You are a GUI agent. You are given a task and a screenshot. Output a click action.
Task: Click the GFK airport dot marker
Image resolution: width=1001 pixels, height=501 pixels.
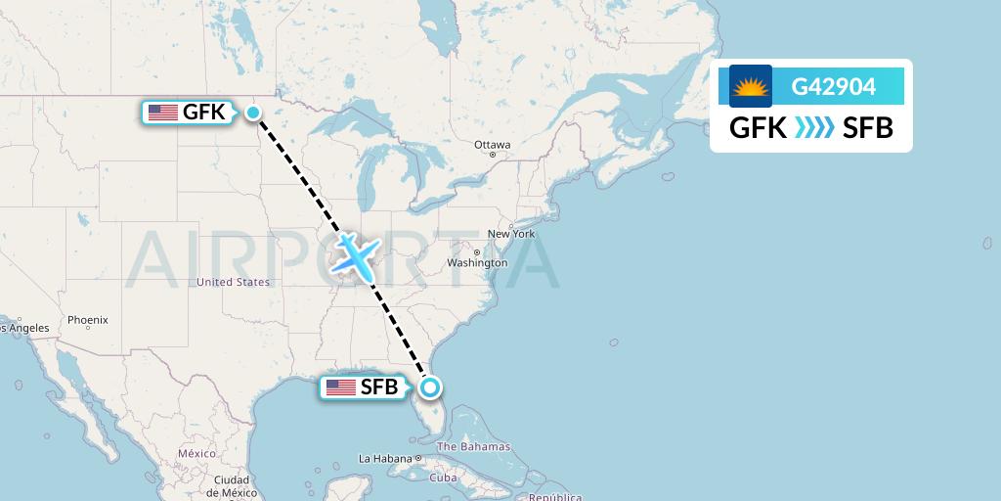click(x=253, y=113)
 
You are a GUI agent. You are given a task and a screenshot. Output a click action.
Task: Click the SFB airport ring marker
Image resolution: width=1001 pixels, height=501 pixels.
click(x=429, y=387)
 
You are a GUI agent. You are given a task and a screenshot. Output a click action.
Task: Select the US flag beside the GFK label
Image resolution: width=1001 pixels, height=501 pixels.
click(x=162, y=113)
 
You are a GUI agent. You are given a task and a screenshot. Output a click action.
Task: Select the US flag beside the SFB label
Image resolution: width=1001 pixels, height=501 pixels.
click(x=341, y=387)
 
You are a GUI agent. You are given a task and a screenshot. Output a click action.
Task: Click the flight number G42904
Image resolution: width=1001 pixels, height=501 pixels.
click(x=833, y=86)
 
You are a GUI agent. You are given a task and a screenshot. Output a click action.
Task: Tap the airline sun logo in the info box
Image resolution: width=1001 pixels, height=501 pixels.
click(x=751, y=86)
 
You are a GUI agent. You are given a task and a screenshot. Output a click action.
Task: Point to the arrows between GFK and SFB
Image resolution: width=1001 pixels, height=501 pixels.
click(x=814, y=128)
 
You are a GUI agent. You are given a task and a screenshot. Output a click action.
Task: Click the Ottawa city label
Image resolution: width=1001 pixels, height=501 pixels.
click(x=492, y=145)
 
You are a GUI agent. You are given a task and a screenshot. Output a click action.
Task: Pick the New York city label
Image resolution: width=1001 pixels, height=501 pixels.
click(x=510, y=234)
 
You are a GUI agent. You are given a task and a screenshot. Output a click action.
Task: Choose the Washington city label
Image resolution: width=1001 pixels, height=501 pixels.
click(x=477, y=263)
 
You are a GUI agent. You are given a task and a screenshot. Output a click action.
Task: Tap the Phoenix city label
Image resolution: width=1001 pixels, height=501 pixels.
click(x=88, y=320)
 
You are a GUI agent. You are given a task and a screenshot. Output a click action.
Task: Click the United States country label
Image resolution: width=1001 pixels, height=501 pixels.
click(x=233, y=282)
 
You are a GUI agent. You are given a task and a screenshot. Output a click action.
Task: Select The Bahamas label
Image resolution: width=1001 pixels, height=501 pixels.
click(x=473, y=447)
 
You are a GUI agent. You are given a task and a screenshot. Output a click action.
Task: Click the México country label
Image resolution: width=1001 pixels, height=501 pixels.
click(x=196, y=454)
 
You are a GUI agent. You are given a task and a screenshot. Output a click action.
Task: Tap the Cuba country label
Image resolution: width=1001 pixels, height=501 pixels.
click(x=444, y=478)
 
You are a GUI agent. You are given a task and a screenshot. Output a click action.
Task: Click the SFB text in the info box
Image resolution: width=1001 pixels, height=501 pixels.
click(x=868, y=128)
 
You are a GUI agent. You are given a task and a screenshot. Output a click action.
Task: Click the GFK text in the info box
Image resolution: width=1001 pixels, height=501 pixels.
click(x=759, y=128)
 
